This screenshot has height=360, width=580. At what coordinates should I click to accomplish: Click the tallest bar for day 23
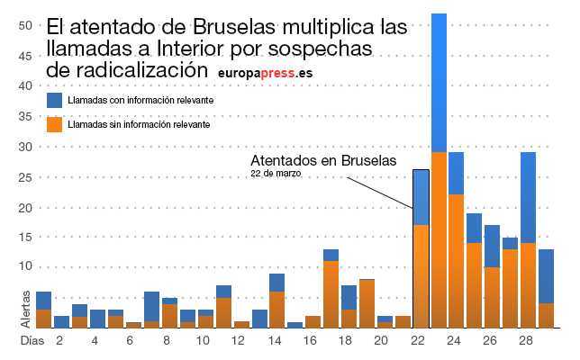[x=439, y=171]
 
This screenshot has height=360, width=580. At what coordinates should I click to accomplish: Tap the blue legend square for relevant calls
[x=55, y=101]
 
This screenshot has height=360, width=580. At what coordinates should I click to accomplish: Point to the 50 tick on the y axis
[x=26, y=25]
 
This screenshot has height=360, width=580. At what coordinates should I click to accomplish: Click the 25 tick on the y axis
[x=26, y=177]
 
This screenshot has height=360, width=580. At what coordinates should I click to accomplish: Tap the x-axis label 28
[x=528, y=342]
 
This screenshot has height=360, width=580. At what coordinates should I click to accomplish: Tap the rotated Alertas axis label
[x=26, y=308]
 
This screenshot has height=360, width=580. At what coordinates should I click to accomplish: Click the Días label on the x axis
[x=32, y=342]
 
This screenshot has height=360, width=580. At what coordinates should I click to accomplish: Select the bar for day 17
[x=331, y=289]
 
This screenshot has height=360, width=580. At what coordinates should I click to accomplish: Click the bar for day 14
[x=277, y=301]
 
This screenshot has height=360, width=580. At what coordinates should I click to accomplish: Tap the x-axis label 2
[x=59, y=342]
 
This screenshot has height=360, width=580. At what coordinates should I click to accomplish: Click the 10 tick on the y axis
[x=26, y=267]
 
